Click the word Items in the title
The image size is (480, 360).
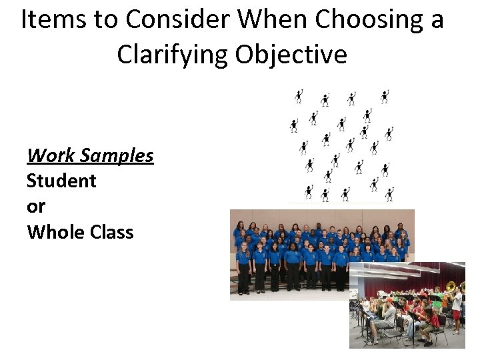tap(49, 21)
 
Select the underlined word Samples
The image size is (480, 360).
tap(116, 155)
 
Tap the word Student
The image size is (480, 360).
tap(61, 181)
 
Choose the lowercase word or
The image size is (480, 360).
tap(36, 206)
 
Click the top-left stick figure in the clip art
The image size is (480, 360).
tap(299, 97)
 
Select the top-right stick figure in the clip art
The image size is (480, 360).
tap(385, 97)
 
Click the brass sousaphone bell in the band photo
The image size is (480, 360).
tap(451, 287)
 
